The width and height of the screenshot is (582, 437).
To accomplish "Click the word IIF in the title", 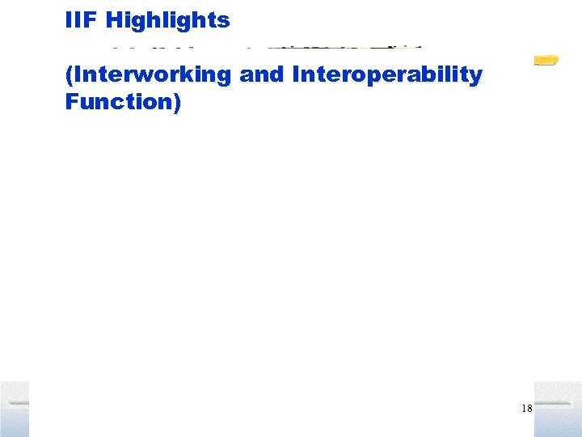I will click(x=79, y=20).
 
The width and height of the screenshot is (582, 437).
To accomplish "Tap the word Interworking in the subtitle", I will click(x=152, y=75).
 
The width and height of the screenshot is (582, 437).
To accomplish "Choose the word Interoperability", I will click(x=387, y=75).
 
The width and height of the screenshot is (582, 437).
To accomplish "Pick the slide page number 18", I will click(x=526, y=409).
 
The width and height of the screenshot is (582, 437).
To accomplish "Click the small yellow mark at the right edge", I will click(x=546, y=60).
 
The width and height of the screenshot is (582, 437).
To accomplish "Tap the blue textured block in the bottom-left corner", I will click(x=14, y=409).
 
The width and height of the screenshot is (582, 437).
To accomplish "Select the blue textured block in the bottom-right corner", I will click(x=558, y=409).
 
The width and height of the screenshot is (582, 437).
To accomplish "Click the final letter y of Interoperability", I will click(x=477, y=78).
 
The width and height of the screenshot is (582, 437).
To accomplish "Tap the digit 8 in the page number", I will click(x=529, y=409).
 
